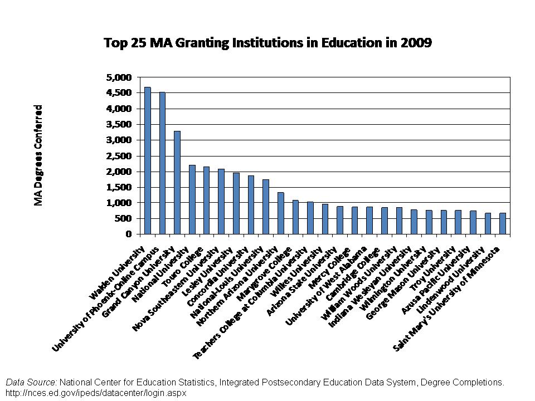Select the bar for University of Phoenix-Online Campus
(162, 163)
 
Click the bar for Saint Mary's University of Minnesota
(503, 223)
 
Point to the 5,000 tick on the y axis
(119, 77)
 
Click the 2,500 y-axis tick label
(119, 156)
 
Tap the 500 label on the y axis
(124, 219)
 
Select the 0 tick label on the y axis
(129, 234)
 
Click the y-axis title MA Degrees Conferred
(38, 155)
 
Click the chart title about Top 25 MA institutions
(267, 43)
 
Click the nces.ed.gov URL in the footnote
(96, 393)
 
